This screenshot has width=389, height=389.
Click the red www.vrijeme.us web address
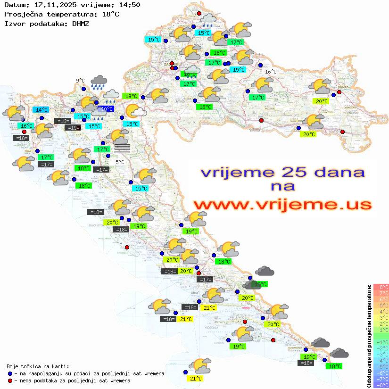pos(282,205)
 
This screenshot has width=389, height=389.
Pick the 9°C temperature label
pos(80,81)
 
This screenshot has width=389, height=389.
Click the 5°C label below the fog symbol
pos(120,162)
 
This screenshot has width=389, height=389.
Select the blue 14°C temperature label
pos(41,110)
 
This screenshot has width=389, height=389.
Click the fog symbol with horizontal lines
pos(122,149)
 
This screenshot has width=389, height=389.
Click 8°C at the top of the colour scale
pos(381,287)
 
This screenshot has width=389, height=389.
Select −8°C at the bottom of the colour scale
pos(381,385)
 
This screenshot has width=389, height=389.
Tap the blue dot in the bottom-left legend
pos(10,373)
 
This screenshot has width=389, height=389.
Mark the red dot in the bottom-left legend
pos(10,381)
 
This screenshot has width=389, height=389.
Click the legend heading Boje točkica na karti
pos(38,366)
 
